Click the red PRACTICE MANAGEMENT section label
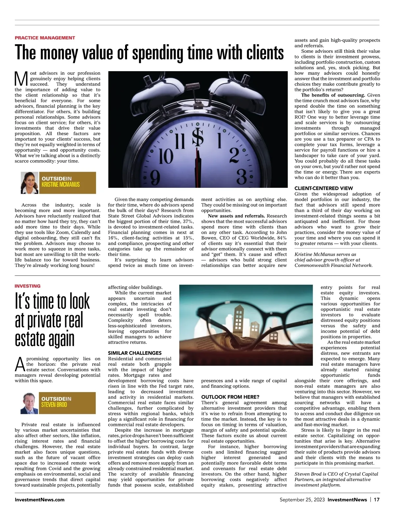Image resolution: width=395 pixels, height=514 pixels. [x=45, y=38]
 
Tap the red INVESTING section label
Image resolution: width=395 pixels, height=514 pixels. [x=28, y=286]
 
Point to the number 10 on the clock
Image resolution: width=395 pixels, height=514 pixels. [x=167, y=156]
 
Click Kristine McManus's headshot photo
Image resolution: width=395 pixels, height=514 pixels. [x=30, y=183]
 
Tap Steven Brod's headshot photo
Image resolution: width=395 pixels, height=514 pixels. [x=30, y=403]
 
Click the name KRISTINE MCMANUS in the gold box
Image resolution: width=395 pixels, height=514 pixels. [x=61, y=185]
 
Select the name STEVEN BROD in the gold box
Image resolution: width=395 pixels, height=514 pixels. [x=54, y=405]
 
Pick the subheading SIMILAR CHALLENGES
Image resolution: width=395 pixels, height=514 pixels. [x=135, y=353]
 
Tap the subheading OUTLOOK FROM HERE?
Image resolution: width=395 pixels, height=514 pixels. [x=230, y=397]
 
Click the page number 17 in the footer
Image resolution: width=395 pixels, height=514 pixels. [x=377, y=500]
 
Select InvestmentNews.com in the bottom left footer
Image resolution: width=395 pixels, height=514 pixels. [x=39, y=500]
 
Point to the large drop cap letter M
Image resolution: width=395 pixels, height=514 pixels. [x=22, y=78]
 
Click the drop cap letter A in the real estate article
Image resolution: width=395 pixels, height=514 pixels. [x=20, y=364]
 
